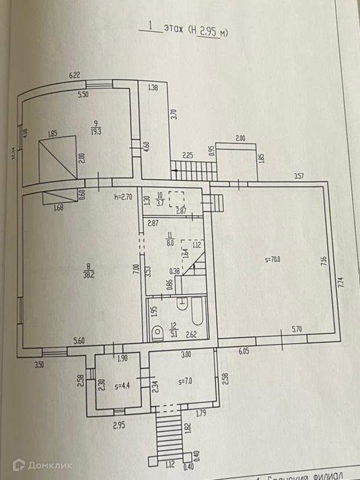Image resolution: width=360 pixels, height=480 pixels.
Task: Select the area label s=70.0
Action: point(273,260)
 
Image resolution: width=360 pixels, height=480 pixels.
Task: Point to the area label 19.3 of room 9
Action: point(97,131)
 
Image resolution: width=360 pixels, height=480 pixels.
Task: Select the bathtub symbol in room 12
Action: point(197,315)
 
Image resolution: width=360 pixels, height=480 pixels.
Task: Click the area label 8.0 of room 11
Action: point(169,244)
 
